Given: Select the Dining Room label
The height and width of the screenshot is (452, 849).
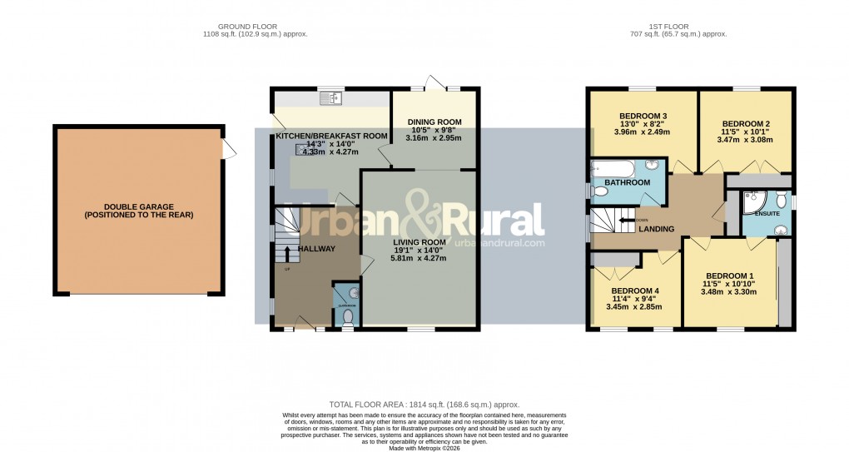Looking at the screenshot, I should pyautogui.click(x=434, y=122).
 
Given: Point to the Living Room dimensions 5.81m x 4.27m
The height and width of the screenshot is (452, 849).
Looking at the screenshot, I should pyautogui.click(x=419, y=259).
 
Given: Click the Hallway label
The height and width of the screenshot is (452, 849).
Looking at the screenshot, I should pyautogui.click(x=316, y=248).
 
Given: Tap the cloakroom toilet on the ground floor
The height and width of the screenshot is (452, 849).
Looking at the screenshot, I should pyautogui.click(x=347, y=317).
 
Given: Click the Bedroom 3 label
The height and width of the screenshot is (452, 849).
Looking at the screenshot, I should pyautogui.click(x=643, y=116).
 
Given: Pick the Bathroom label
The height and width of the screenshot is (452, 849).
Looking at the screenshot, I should pyautogui.click(x=628, y=182).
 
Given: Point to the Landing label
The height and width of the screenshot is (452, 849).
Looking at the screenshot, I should pyautogui.click(x=657, y=230).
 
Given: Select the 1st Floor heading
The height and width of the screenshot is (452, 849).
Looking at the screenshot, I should pyautogui.click(x=679, y=26).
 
